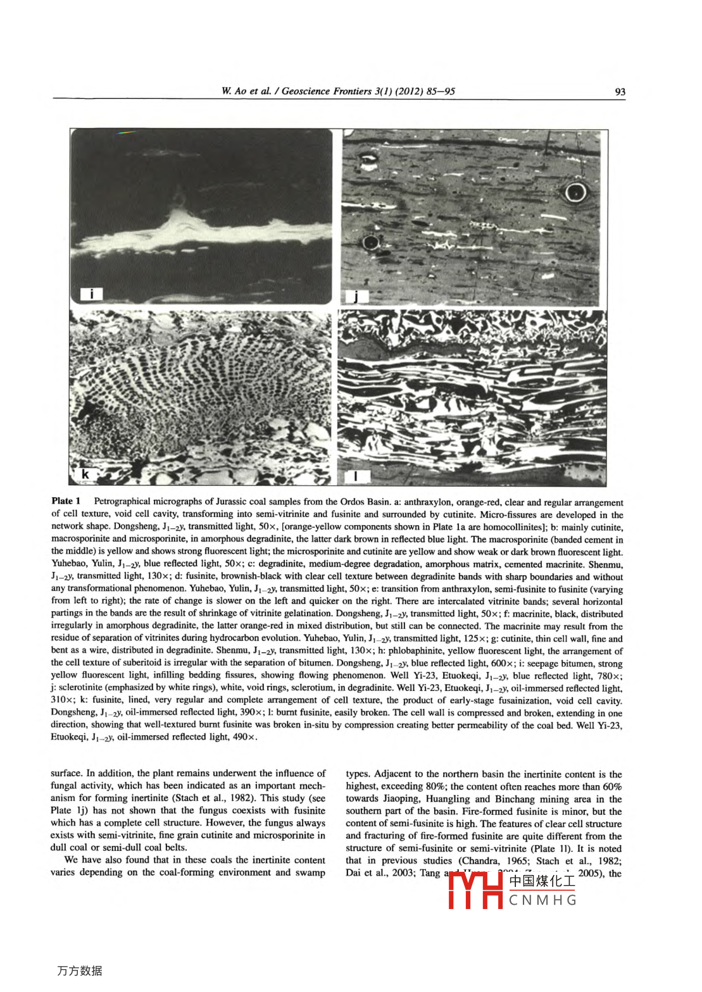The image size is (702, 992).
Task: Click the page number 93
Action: tap(620, 92)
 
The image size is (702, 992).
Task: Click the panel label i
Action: tap(92, 293)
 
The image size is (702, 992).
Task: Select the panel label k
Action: tap(85, 474)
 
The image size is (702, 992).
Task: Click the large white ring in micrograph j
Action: tap(575, 192)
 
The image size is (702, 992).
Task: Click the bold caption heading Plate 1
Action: tap(66, 501)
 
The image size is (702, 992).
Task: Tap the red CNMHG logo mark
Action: tap(475, 891)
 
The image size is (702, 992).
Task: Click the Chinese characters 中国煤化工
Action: tap(542, 881)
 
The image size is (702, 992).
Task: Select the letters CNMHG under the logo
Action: tap(542, 900)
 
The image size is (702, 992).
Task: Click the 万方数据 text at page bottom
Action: tap(79, 970)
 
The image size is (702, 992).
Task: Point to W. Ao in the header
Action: tap(234, 91)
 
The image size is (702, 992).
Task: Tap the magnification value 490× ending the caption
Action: tap(244, 737)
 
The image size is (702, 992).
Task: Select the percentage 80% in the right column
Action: tap(435, 786)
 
